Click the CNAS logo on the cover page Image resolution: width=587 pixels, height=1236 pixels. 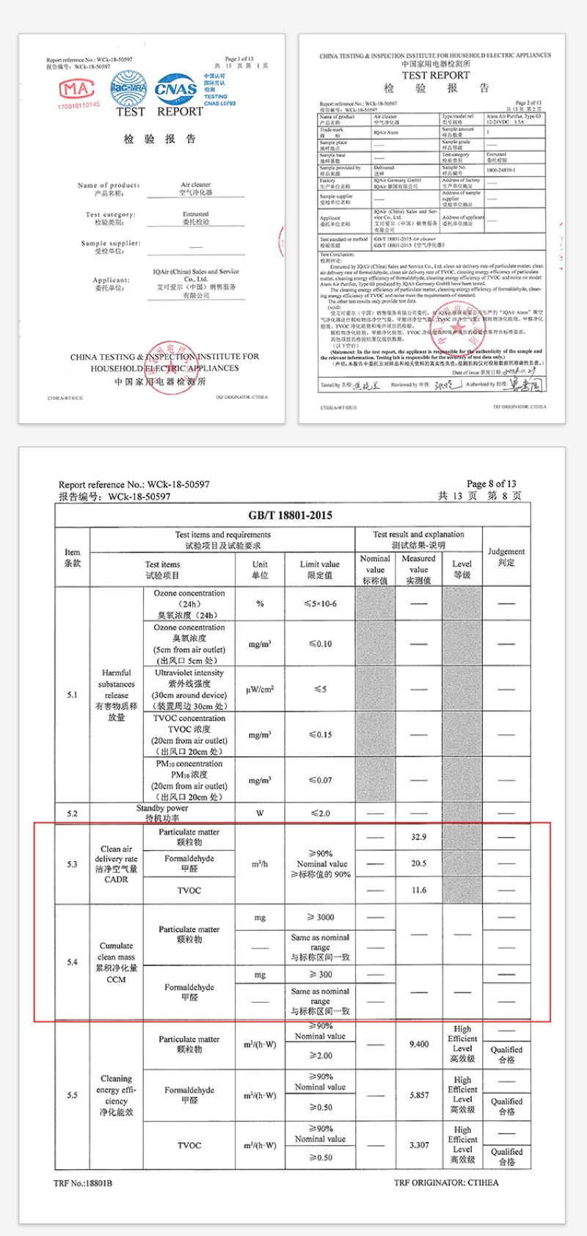(x=175, y=89)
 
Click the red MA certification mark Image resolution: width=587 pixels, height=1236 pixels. (x=78, y=89)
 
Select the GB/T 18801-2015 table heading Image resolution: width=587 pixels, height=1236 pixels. (x=291, y=516)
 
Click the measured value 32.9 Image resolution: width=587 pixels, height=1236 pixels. (x=419, y=837)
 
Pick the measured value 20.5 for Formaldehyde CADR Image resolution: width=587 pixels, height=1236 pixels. (x=419, y=863)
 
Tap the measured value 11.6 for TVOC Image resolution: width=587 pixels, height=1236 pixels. (x=419, y=891)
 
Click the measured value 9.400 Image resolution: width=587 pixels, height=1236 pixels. (x=419, y=1044)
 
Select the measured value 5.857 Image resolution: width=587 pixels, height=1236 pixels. (x=419, y=1095)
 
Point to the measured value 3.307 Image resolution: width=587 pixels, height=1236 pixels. (x=419, y=1145)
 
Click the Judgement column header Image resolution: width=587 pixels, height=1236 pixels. (x=506, y=557)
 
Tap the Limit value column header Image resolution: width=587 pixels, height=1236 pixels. (x=320, y=569)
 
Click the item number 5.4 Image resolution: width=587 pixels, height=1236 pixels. (x=72, y=962)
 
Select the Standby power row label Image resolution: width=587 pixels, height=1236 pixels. (x=162, y=813)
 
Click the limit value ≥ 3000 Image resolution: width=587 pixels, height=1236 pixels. (x=320, y=918)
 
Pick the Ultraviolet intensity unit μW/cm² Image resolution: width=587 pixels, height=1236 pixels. (x=260, y=690)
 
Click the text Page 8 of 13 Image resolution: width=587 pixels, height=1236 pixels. (x=491, y=484)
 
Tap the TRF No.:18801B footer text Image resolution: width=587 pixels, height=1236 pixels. (x=83, y=1183)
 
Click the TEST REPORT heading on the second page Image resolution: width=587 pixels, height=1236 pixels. (x=435, y=76)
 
